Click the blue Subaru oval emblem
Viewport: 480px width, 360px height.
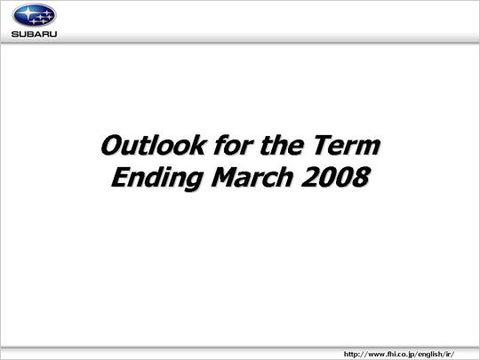35,15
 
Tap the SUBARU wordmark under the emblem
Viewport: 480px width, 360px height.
35,34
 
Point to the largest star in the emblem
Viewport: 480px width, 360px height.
28,12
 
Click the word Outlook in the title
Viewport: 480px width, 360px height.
153,145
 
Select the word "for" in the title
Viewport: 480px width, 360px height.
234,145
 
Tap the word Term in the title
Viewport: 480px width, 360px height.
347,145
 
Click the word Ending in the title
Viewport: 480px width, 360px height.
157,178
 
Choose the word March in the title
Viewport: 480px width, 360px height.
252,177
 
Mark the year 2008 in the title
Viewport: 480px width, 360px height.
335,177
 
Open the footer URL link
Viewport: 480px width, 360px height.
399,354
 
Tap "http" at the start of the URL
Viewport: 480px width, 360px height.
350,355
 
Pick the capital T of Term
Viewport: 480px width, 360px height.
324,145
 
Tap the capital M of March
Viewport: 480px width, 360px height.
227,177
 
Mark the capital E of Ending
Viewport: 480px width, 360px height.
121,177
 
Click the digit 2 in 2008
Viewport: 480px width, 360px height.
309,177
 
